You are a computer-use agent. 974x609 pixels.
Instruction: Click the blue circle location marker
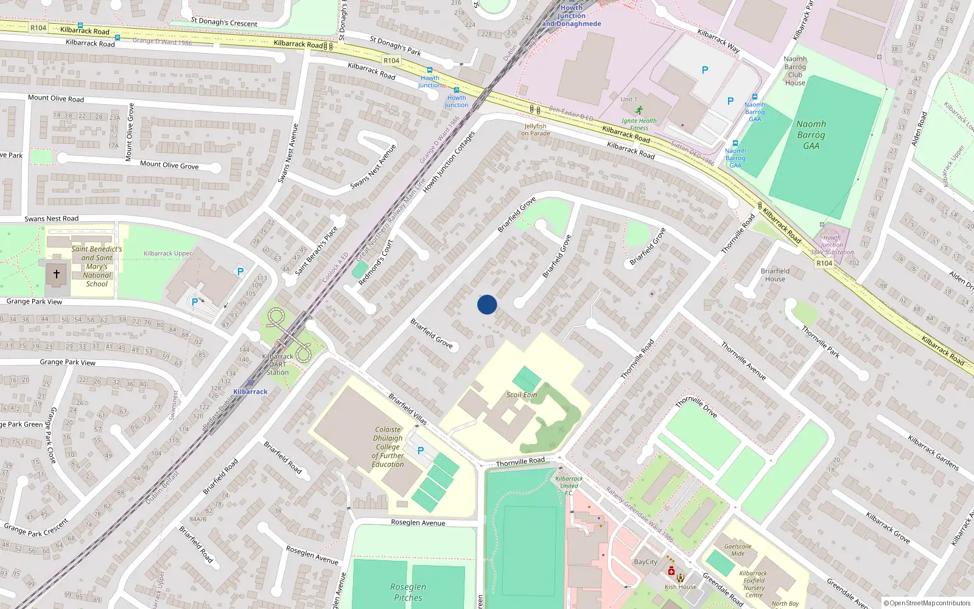click(487, 304)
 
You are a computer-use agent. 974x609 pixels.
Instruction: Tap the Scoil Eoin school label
click(522, 395)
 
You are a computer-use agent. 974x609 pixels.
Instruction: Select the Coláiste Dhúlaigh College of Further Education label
click(388, 447)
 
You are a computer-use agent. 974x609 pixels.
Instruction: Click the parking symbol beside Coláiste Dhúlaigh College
click(421, 451)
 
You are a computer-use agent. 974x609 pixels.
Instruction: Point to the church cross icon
click(57, 274)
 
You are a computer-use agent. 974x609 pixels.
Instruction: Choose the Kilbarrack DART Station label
click(278, 364)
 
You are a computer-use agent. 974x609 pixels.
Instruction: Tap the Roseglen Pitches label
click(408, 592)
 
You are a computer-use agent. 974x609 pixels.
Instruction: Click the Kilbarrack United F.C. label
click(569, 485)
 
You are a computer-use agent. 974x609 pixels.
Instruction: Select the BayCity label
click(645, 562)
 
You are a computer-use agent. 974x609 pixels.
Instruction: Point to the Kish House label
click(680, 587)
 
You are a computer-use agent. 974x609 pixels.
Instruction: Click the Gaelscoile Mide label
click(737, 550)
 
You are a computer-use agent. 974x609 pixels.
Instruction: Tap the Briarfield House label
click(775, 275)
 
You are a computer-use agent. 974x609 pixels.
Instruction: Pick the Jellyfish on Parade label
click(536, 130)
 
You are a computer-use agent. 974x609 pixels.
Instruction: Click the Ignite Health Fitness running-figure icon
click(639, 110)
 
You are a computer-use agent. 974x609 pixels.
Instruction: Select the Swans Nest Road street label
click(52, 219)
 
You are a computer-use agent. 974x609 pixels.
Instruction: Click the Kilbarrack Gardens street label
click(933, 452)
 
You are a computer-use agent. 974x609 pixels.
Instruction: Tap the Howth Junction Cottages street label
click(449, 162)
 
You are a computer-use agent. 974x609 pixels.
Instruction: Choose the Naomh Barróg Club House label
click(795, 71)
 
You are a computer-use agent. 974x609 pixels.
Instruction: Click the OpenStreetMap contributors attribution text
click(927, 604)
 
